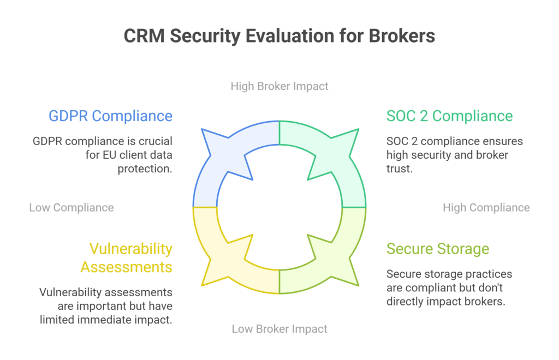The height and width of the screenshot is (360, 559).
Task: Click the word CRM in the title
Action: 144,36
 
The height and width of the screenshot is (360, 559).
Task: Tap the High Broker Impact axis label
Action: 279,86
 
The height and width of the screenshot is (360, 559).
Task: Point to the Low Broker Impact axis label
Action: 279,329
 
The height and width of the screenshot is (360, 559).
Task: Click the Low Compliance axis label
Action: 72,207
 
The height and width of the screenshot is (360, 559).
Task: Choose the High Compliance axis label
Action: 486,207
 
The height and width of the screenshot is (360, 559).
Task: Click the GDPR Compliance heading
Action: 110,116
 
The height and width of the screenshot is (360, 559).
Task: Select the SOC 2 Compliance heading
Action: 449,116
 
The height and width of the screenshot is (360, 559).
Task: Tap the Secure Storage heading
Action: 438,249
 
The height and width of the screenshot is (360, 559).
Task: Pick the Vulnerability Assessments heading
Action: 127,257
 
